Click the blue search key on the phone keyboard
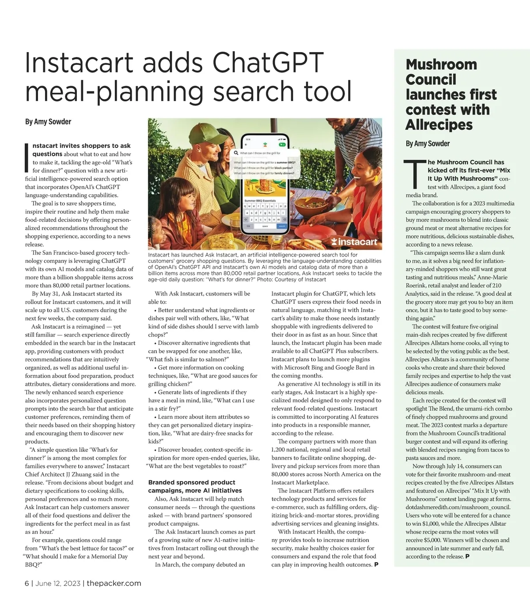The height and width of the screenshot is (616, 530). pos(282,226)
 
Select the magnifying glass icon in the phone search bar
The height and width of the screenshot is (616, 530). pos(237,153)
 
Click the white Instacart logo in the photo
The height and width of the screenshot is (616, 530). pos(354,242)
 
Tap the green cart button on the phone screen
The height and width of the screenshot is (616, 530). pos(281,144)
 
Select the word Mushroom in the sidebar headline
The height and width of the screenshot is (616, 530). pos(441,64)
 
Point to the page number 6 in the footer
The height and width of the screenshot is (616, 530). pos(27,583)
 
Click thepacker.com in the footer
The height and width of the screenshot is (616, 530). pos(114,583)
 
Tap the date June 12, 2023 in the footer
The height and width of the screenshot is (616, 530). pos(58,583)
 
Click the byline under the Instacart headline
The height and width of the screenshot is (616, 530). pos(48,121)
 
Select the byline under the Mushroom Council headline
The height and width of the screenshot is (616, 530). pos(428,144)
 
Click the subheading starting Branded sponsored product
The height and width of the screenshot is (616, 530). pos(192,486)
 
